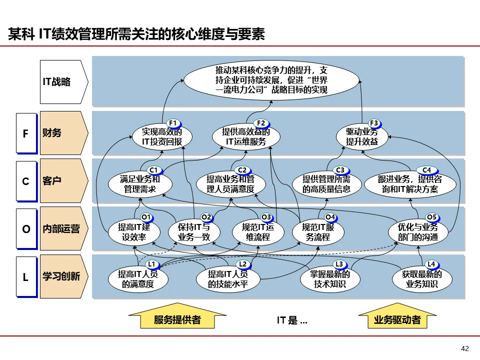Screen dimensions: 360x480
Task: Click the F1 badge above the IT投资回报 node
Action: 173,123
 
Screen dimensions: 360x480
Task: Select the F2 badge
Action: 261,123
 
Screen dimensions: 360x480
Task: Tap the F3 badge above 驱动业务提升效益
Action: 374,123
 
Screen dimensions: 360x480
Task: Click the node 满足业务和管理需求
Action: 140,184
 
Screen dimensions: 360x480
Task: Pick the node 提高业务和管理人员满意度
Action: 231,184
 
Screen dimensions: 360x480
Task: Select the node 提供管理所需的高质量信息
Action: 327,184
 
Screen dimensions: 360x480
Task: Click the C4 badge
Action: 426,170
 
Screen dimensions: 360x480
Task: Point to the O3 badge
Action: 266,217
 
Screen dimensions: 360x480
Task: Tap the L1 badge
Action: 152,264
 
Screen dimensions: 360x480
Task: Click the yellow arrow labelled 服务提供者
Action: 177,317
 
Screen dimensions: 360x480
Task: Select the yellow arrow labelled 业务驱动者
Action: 397,317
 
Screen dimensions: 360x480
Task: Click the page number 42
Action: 464,348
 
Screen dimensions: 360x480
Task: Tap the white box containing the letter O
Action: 26,228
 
